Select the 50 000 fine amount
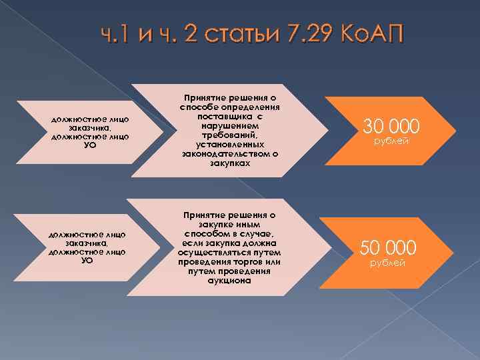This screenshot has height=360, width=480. (389, 248)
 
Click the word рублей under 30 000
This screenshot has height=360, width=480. (391, 142)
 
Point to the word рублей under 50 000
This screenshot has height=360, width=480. (388, 265)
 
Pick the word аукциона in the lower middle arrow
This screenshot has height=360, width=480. (229, 281)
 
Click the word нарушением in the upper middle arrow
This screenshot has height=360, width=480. (230, 125)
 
